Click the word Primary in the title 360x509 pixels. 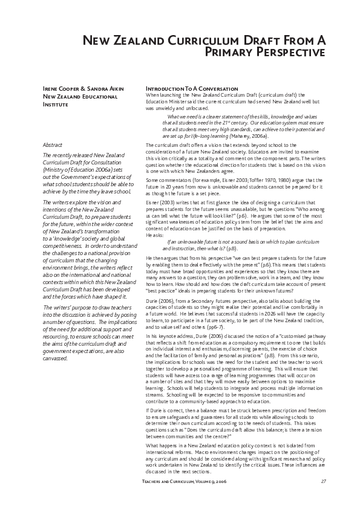click(x=225, y=54)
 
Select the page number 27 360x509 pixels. click(x=323, y=481)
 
